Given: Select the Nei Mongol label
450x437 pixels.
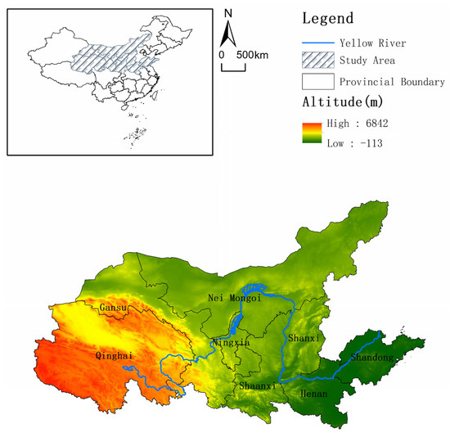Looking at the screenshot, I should click(x=234, y=298).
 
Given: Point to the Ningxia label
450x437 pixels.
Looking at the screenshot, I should click(x=231, y=342).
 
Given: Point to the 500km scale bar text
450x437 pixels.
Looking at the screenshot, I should click(x=247, y=54).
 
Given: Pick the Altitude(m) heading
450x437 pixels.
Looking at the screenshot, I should click(x=344, y=104).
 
